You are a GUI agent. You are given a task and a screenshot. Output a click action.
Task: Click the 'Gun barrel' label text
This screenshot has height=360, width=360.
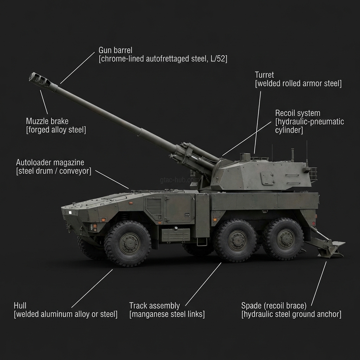pyautogui.click(x=115, y=50)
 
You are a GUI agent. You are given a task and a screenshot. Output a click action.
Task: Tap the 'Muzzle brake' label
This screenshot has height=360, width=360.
pyautogui.click(x=47, y=121)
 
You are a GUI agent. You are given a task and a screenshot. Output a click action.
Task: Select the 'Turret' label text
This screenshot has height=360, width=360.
pyautogui.click(x=264, y=75)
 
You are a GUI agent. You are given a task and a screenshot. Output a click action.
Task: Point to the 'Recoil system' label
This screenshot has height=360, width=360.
pyautogui.click(x=297, y=113)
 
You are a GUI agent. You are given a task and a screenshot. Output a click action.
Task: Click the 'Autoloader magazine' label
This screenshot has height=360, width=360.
pyautogui.click(x=50, y=162)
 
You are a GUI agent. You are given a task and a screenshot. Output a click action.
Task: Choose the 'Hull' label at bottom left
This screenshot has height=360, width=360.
pyautogui.click(x=20, y=306)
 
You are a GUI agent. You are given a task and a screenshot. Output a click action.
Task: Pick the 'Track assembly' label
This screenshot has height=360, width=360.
pyautogui.click(x=154, y=306)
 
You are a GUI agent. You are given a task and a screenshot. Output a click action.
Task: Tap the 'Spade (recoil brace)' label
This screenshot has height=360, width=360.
pyautogui.click(x=274, y=306)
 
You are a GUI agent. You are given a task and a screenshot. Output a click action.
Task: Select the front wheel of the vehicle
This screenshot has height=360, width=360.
pyautogui.click(x=128, y=243)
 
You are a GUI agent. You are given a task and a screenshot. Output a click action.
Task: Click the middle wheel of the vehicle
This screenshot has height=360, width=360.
pyautogui.click(x=237, y=240)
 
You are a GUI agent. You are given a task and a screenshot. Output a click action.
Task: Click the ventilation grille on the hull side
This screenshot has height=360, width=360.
pyautogui.click(x=154, y=207)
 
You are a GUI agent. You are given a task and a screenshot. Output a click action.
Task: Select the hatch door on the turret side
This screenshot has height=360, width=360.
pyautogui.click(x=267, y=178)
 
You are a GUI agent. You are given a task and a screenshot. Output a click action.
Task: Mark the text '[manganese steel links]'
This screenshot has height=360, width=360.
pyautogui.click(x=167, y=314)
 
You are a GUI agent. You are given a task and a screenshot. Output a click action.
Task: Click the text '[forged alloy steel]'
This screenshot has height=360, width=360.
pyautogui.click(x=56, y=130)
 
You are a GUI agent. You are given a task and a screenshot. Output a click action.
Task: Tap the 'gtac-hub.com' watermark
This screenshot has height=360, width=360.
pyautogui.click(x=179, y=180)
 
